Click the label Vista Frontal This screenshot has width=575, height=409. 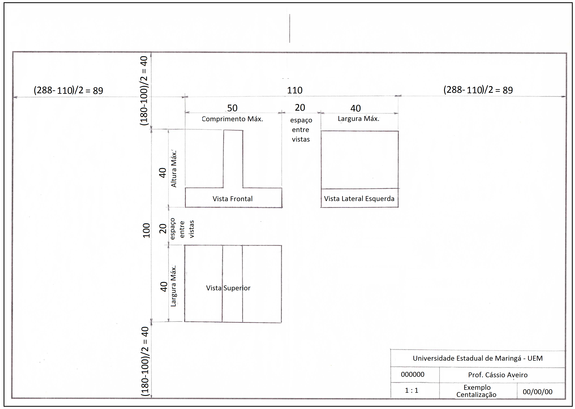point(232,199)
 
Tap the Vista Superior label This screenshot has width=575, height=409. point(228,288)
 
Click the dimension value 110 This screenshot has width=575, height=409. point(295,90)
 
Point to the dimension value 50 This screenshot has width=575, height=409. point(232,108)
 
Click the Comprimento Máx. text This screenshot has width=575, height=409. point(232,119)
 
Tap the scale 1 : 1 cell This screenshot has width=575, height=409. point(411,390)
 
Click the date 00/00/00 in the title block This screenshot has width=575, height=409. point(537,392)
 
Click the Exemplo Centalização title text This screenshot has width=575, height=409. point(476,391)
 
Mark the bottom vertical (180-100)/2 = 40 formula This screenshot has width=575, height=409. point(145,361)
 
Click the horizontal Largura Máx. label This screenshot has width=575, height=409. point(358,119)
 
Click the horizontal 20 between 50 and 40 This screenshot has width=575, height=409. point(300,108)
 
